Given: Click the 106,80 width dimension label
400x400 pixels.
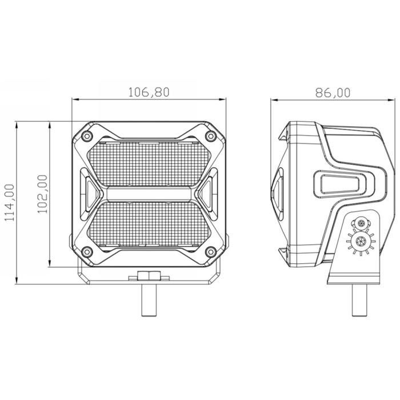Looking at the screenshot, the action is pos(149,92).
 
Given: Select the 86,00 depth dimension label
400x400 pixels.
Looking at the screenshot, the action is pos(333,93).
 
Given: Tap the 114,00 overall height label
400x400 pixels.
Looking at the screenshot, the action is pos(10,202).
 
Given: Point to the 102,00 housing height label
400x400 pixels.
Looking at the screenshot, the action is pos(42,194).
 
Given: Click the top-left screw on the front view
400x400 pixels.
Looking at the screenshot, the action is pos(87,136).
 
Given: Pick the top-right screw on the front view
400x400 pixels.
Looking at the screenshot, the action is pos(211,136).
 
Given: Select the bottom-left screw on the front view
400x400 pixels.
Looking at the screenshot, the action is pos(87,252).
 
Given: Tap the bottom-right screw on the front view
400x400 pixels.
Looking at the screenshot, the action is pos(211,252).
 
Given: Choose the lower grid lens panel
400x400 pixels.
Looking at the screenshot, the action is pos(149,224).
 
